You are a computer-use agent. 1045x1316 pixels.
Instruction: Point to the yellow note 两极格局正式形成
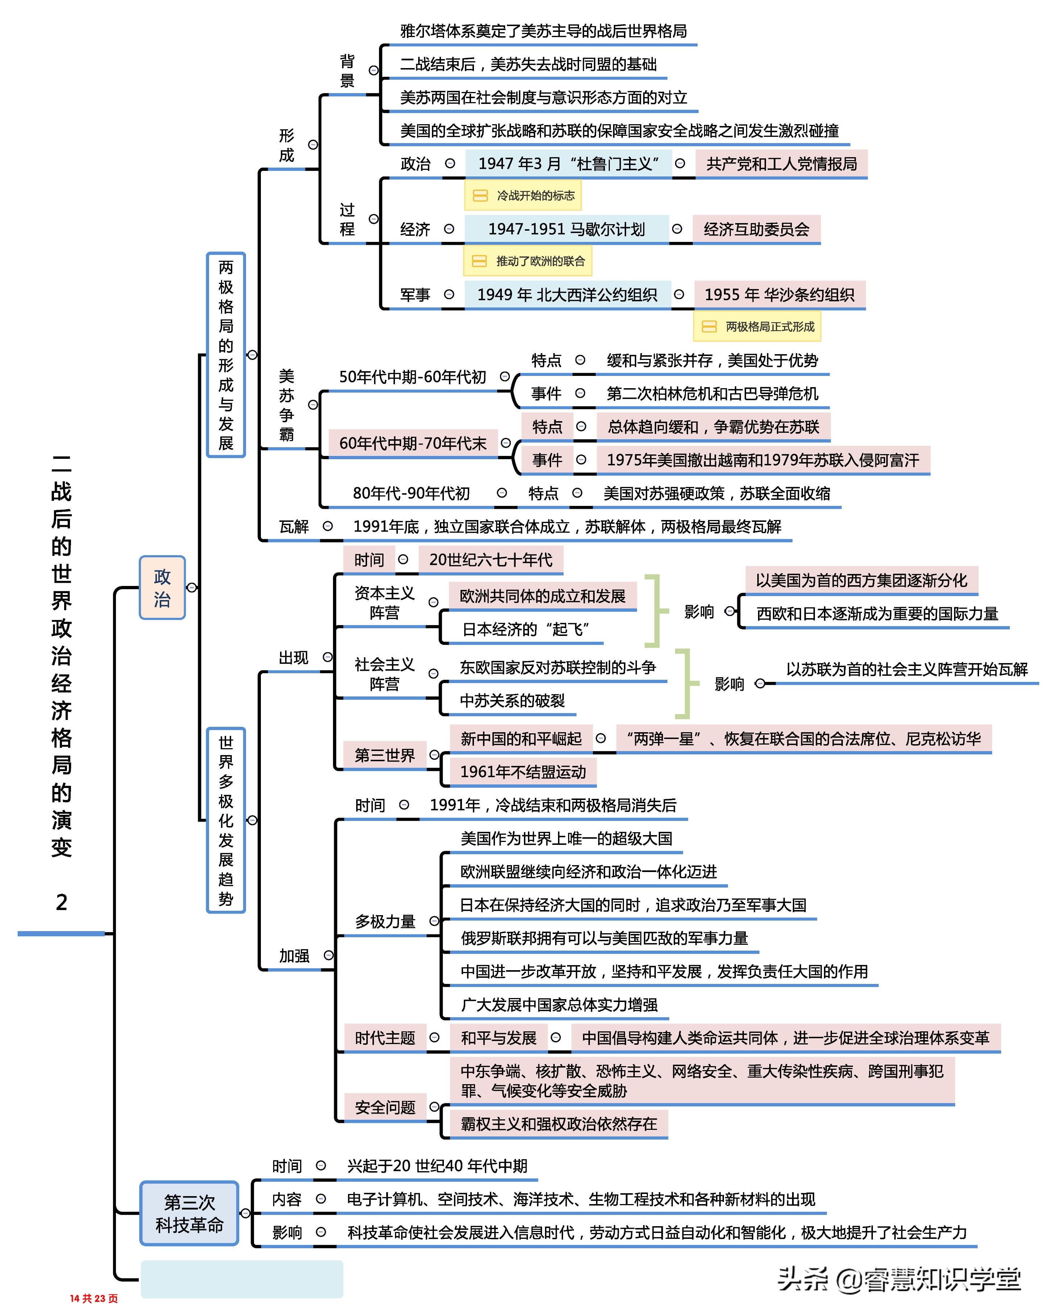(x=757, y=327)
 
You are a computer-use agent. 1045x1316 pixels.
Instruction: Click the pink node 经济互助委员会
(x=756, y=230)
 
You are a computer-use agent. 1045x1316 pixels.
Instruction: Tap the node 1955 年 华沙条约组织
(x=779, y=295)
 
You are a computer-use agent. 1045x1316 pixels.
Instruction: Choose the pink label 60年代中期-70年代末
(x=413, y=443)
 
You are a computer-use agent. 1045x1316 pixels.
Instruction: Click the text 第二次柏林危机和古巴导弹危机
(x=712, y=394)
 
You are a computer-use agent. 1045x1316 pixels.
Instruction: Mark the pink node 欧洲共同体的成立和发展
(x=542, y=596)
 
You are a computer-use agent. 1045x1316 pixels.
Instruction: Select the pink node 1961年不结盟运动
(x=523, y=772)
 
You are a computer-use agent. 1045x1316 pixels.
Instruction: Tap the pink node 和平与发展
(x=498, y=1038)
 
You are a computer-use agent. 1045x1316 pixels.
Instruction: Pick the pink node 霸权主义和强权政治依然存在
(x=558, y=1124)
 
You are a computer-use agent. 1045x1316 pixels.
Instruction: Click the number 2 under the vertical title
(x=61, y=902)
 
